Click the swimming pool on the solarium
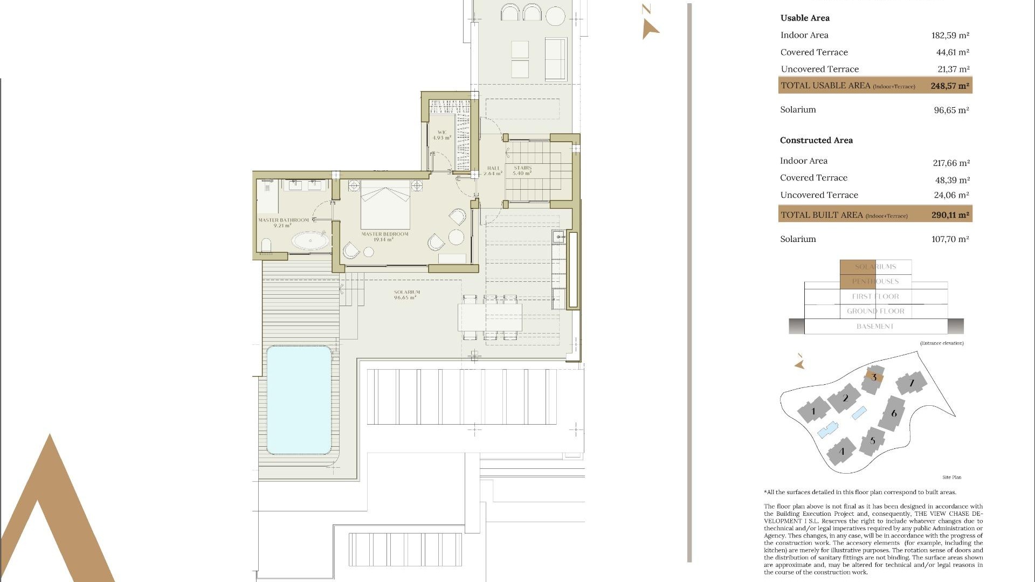pyautogui.click(x=299, y=399)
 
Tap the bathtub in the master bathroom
pyautogui.click(x=309, y=240)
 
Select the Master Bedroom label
pyautogui.click(x=385, y=237)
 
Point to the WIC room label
pyautogui.click(x=442, y=135)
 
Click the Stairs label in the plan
pyautogui.click(x=522, y=170)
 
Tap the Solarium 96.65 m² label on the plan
pyautogui.click(x=406, y=294)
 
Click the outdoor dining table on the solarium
pyautogui.click(x=489, y=317)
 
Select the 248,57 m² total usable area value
pyautogui.click(x=950, y=86)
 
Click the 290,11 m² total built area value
pyautogui.click(x=950, y=214)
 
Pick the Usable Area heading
pyautogui.click(x=805, y=18)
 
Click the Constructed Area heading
pyautogui.click(x=816, y=140)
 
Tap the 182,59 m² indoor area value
pyautogui.click(x=950, y=36)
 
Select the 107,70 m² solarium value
pyautogui.click(x=950, y=239)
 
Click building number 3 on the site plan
pyautogui.click(x=873, y=378)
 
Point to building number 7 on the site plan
pyautogui.click(x=912, y=383)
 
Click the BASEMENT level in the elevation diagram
pyautogui.click(x=875, y=327)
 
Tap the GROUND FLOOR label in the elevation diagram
pyautogui.click(x=875, y=311)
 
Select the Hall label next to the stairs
pyautogui.click(x=493, y=171)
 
